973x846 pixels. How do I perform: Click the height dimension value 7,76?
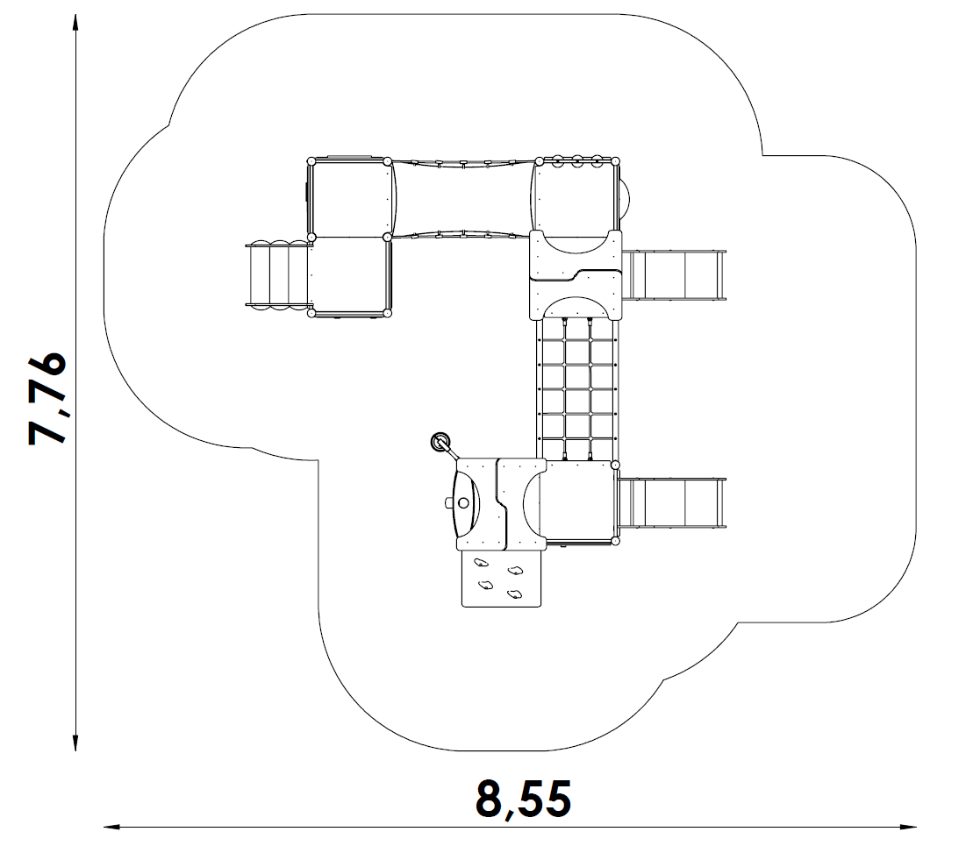pos(47,399)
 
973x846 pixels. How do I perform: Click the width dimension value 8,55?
pos(523,800)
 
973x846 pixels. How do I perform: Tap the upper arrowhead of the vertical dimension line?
pos(75,22)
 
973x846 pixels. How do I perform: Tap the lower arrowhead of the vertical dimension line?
pos(75,743)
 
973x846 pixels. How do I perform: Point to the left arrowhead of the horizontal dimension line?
pos(111,826)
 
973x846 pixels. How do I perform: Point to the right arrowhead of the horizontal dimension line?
pos(908,826)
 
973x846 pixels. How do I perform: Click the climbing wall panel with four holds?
pos(501,579)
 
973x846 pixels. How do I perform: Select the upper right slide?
pos(673,275)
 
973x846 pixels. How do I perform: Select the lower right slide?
pos(673,502)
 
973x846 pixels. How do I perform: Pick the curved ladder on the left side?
pos(278,274)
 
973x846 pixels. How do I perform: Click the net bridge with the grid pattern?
pos(576,389)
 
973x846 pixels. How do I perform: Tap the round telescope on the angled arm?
pos(440,442)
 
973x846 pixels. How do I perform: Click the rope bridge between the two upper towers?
pos(462,199)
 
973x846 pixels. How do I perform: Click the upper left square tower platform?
pos(348,198)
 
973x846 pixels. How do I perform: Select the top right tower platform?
pos(576,197)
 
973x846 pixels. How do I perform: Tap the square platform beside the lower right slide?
pos(579,503)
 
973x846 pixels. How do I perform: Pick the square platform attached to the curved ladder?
pos(350,274)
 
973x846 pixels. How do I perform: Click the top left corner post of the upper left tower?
pos(311,161)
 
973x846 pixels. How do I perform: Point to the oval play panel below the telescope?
pos(465,503)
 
